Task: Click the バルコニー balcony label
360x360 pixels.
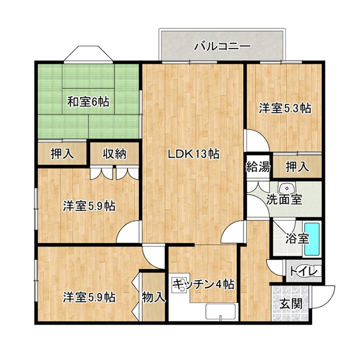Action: pos(222,46)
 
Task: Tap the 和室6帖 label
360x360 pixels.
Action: pos(88,102)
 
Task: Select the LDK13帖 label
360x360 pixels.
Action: pos(194,154)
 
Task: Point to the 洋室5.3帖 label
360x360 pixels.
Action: pos(285,108)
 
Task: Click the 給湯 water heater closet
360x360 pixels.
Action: pos(258,167)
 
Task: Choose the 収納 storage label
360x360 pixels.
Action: pos(114,154)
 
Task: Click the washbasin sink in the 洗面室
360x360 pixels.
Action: pos(287,188)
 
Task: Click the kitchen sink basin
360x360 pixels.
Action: pos(221,311)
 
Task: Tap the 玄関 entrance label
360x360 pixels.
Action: pos(291,304)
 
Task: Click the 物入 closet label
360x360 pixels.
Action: pos(153,297)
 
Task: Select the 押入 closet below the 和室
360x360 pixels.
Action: pos(62,153)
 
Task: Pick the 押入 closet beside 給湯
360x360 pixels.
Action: pos(297,166)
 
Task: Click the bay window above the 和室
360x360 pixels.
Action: pos(89,54)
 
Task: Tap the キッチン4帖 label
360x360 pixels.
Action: pos(203,285)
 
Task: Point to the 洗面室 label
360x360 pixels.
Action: pos(284,199)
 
